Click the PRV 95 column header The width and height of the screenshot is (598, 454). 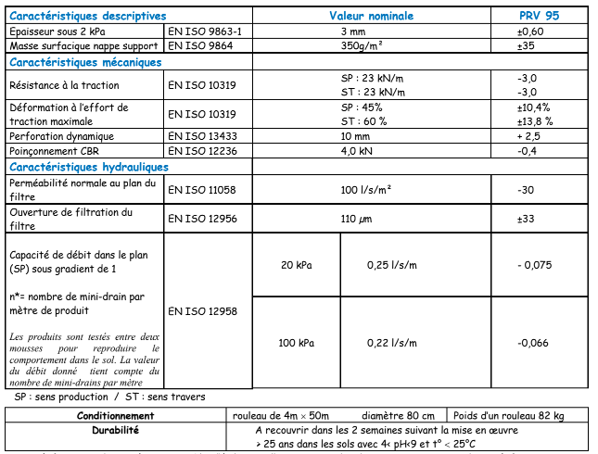point(539,16)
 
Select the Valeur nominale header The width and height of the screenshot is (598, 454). point(371,16)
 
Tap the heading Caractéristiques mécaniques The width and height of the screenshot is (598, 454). point(85,62)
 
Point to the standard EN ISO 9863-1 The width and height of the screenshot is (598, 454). point(205,31)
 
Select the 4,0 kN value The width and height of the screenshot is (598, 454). point(357,150)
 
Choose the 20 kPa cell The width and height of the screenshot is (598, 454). point(296,265)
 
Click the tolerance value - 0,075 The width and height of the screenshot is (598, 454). point(534,265)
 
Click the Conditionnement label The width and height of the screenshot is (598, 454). point(116,416)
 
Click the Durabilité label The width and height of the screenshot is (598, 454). point(116,431)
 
